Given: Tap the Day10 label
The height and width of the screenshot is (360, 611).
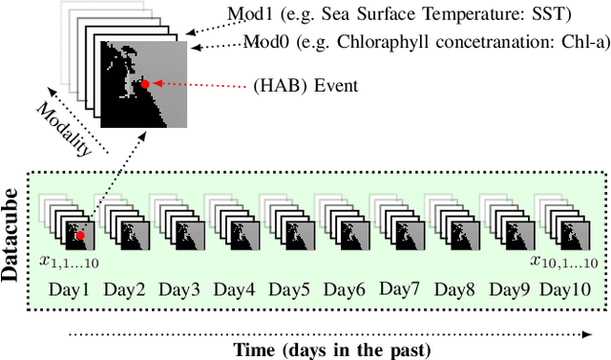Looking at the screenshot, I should [x=565, y=288].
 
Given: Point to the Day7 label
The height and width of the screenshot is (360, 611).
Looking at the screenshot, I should [x=398, y=287].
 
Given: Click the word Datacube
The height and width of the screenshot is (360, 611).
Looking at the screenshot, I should [x=12, y=235].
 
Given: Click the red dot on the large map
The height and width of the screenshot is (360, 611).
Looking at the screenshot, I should [x=145, y=84].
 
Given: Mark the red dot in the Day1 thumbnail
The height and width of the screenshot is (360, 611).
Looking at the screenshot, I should [x=81, y=235].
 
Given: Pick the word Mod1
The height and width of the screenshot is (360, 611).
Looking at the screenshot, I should [x=247, y=15].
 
